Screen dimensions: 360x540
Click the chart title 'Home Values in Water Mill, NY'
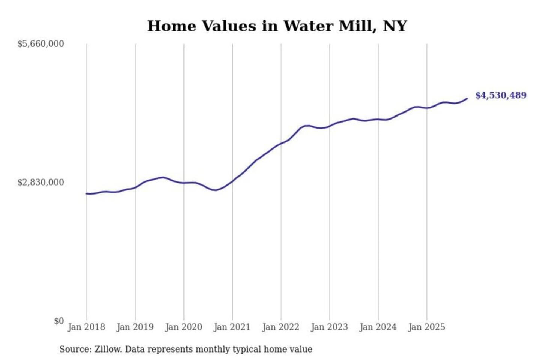(277, 26)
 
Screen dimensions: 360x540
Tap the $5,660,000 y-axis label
(40, 44)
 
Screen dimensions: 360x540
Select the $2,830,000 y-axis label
(40, 182)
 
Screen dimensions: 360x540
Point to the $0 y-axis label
(59, 321)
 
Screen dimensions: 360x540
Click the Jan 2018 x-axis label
(86, 327)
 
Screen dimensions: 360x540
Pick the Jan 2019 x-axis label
(135, 327)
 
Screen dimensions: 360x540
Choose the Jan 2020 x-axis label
(183, 327)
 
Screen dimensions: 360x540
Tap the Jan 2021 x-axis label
(232, 327)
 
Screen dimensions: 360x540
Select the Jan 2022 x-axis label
(281, 327)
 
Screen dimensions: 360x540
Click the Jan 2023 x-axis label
(329, 327)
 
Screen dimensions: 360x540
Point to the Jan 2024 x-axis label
(378, 327)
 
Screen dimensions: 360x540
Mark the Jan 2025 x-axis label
(426, 327)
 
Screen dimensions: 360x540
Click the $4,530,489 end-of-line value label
(501, 95)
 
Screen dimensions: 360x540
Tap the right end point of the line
(467, 99)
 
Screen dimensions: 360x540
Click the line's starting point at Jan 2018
(87, 193)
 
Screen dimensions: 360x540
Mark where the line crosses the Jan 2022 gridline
(281, 143)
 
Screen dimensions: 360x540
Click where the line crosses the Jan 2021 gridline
(232, 181)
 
